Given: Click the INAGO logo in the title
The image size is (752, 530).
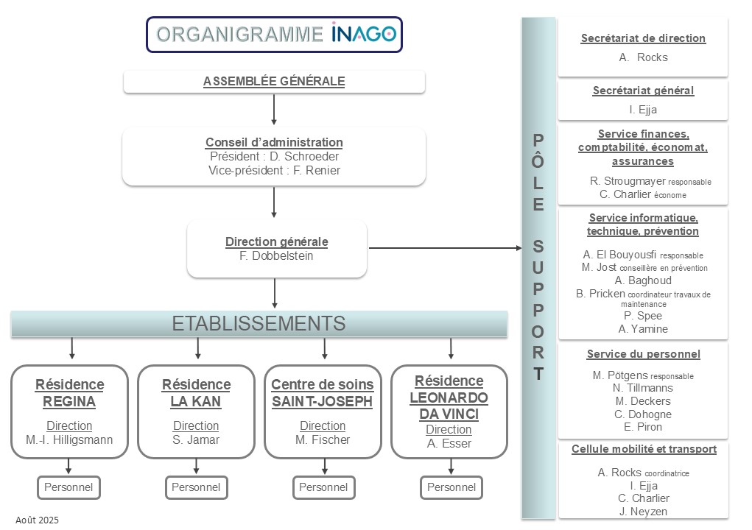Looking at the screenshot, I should click(363, 33).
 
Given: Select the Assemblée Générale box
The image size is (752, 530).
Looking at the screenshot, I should click(274, 82).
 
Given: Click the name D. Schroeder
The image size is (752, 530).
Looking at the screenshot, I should click(304, 156).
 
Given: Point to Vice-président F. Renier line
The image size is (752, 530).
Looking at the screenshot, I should click(274, 170).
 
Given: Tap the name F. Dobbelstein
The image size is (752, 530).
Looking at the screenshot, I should click(276, 255).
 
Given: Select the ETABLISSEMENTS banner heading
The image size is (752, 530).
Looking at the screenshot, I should click(259, 323).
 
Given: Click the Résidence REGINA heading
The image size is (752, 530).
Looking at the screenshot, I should click(69, 393).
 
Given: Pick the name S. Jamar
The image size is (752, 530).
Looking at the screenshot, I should click(196, 440).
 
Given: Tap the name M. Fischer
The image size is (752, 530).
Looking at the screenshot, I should click(323, 440).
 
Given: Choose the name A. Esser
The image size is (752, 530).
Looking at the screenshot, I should click(449, 443).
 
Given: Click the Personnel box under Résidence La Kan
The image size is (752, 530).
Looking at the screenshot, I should click(196, 487).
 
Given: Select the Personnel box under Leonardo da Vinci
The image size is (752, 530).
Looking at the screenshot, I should click(451, 487).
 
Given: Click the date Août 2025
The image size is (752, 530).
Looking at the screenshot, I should click(37, 520).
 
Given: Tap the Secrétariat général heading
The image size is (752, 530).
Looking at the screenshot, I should click(643, 91).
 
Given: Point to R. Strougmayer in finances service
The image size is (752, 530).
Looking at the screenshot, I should click(628, 181).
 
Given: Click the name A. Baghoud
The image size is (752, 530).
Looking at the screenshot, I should click(643, 280).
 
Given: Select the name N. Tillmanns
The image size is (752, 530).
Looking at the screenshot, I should click(643, 388).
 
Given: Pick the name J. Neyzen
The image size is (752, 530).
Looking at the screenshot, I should click(643, 512).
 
